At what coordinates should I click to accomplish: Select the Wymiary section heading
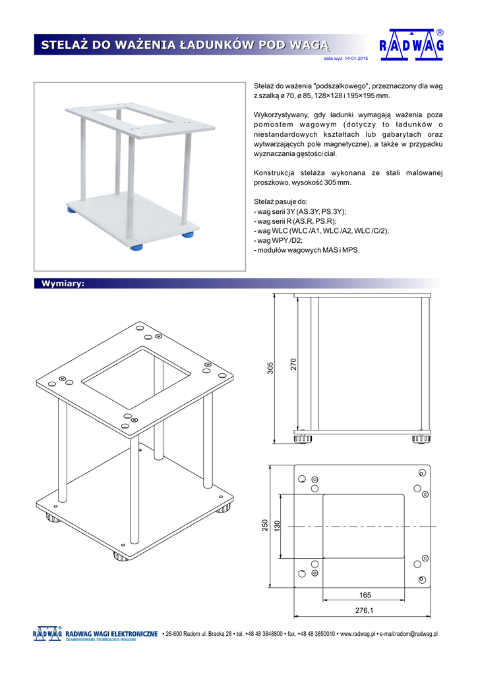point(62,283)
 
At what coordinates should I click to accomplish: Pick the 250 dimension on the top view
point(266,527)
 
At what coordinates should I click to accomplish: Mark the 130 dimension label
point(278,527)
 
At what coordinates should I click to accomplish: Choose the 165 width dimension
point(365,595)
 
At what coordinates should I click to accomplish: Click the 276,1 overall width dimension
point(364,611)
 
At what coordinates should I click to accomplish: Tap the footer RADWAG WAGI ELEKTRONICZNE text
point(111,634)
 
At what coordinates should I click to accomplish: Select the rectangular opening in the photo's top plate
point(138,118)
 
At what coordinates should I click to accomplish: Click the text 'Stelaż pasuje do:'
point(280,201)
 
